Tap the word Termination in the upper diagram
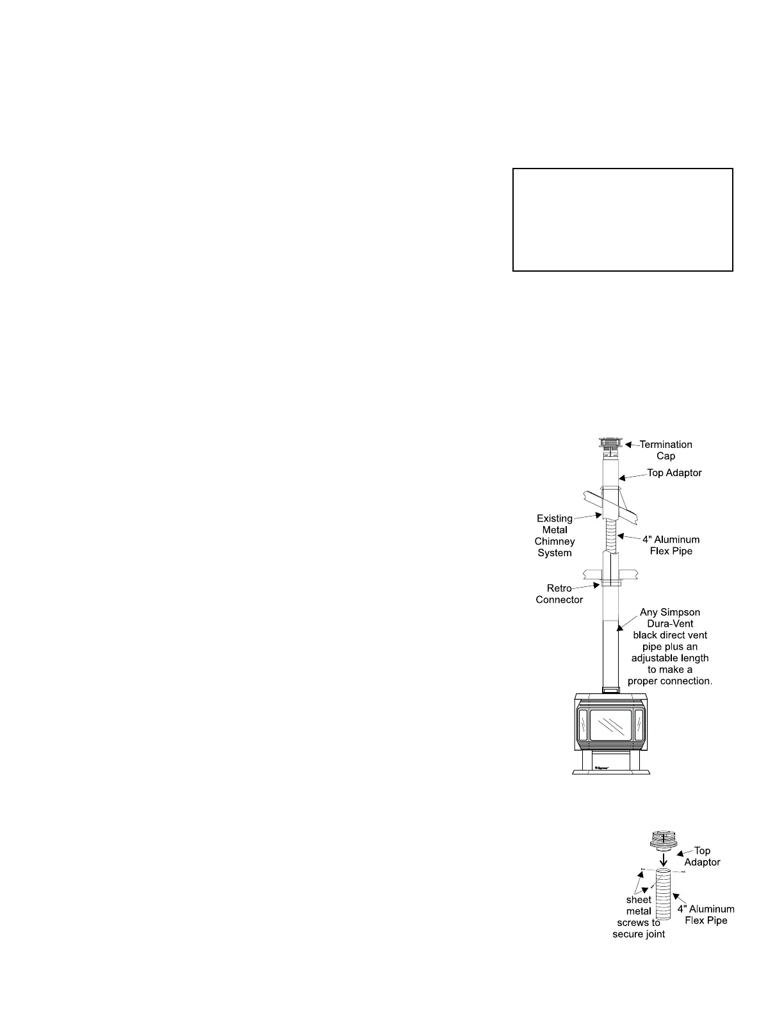pos(666,444)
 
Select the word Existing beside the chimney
pos(555,518)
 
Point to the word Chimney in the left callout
pos(555,541)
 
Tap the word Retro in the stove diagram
pos(559,588)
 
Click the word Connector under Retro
pos(559,600)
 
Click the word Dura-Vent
pos(670,623)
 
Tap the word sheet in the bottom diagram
pos(639,900)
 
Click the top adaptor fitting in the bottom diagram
pos(664,839)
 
